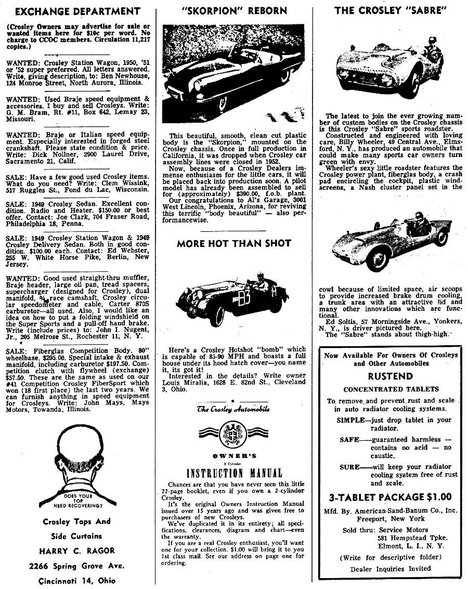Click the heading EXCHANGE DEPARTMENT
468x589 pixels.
click(74, 11)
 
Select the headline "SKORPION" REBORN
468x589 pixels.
click(234, 10)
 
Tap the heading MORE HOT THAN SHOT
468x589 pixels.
click(234, 243)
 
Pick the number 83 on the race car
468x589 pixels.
click(242, 298)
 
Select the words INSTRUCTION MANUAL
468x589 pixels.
click(234, 473)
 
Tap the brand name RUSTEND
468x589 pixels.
click(391, 376)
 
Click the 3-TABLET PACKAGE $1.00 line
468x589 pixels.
click(390, 496)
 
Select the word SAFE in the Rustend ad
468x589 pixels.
click(349, 439)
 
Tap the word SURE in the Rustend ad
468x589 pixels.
click(349, 467)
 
